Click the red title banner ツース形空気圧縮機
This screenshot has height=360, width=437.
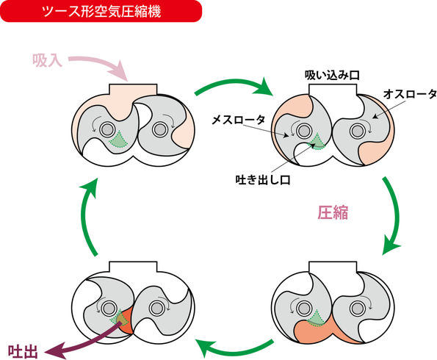101,11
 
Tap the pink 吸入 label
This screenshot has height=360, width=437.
48,60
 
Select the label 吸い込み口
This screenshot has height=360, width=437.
332,76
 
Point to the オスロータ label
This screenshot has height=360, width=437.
410,94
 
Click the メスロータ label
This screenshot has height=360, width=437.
239,120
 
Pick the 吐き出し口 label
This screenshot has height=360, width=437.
263,180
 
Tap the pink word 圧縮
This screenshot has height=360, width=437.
333,213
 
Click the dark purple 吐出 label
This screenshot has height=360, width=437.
23,352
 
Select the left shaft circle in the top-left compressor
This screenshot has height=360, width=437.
107,129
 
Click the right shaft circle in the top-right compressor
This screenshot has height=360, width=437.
356,131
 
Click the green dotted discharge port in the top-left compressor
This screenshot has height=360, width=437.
118,140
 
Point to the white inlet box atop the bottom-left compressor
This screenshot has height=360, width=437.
133,267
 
